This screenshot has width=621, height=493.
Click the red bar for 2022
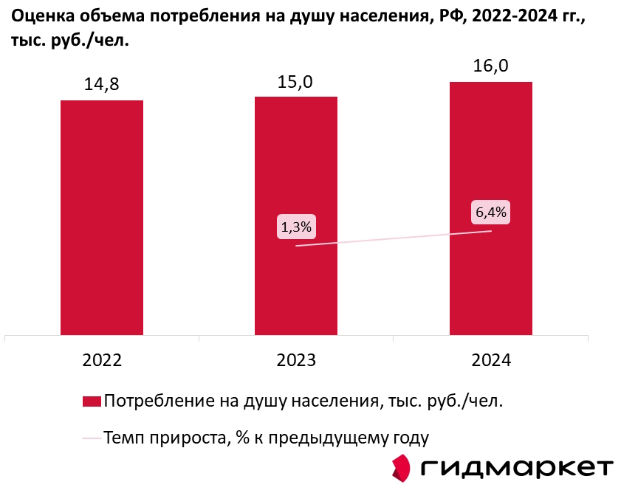coord(102,217)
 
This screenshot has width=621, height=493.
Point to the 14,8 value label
coord(102,85)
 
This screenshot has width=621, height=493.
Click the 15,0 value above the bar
coord(295,81)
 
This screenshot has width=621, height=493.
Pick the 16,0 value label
coord(490,66)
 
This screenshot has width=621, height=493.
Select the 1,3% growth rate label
coord(296,227)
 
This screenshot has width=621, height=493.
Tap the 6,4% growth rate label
coord(491,213)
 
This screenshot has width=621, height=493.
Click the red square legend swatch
coord(91,401)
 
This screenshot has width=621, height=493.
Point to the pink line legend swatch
coord(91,438)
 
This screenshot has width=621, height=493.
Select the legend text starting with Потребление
coord(303,401)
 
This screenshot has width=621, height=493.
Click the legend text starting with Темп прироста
coord(267,438)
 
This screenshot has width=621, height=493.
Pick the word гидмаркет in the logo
coord(518,468)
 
